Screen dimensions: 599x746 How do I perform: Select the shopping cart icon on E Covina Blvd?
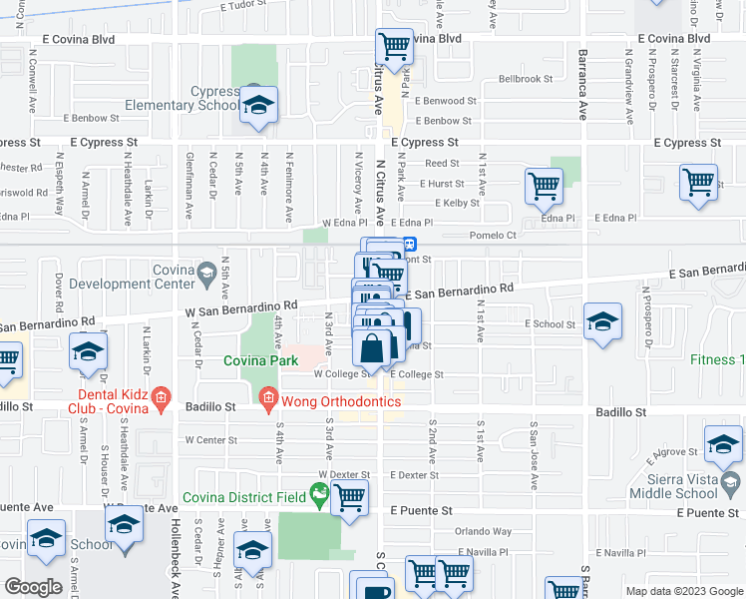click(394, 46)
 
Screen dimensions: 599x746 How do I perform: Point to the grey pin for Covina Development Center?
click(206, 272)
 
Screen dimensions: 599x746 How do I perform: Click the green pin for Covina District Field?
click(319, 491)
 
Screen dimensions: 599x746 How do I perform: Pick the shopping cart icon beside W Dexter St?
click(349, 496)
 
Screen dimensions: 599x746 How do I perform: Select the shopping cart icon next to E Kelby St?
click(544, 185)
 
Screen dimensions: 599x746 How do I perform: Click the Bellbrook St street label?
click(526, 78)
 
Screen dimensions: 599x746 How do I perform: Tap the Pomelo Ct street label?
click(496, 236)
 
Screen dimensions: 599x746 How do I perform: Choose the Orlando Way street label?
click(484, 532)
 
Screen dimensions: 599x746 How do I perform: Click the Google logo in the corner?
click(34, 587)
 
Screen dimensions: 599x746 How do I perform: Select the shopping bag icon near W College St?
click(371, 350)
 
